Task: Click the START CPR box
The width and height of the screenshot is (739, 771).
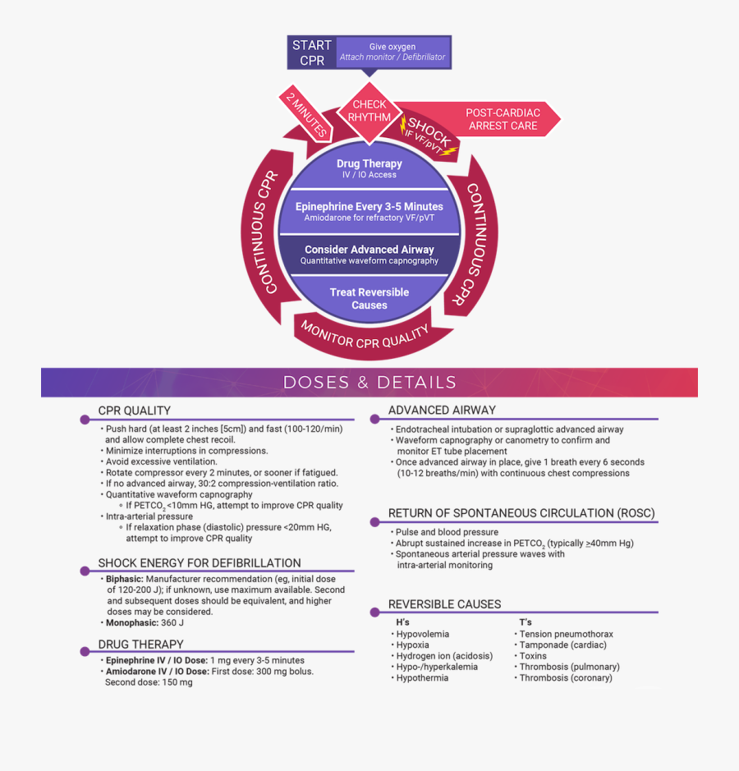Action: [312, 53]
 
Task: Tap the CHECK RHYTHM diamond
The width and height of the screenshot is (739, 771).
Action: [369, 111]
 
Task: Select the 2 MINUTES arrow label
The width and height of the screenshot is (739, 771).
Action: [305, 112]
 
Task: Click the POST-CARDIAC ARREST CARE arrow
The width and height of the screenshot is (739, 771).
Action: [502, 120]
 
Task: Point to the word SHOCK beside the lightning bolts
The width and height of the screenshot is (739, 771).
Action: [429, 132]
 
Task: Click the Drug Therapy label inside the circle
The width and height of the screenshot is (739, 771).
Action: [369, 164]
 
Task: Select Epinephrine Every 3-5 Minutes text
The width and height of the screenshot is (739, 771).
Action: [369, 207]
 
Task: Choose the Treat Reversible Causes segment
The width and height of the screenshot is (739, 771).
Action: [369, 298]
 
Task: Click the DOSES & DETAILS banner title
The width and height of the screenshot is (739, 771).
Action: [369, 383]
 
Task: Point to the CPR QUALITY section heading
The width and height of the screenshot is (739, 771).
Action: [135, 411]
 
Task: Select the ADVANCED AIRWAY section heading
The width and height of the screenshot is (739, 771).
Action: [442, 411]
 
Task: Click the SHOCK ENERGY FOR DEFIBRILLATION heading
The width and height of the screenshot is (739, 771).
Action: [200, 563]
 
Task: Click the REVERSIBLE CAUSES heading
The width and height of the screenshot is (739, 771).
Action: [444, 604]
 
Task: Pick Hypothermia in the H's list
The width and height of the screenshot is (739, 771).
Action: [422, 678]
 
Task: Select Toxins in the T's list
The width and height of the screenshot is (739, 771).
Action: [533, 656]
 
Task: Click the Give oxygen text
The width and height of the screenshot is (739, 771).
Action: [392, 47]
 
